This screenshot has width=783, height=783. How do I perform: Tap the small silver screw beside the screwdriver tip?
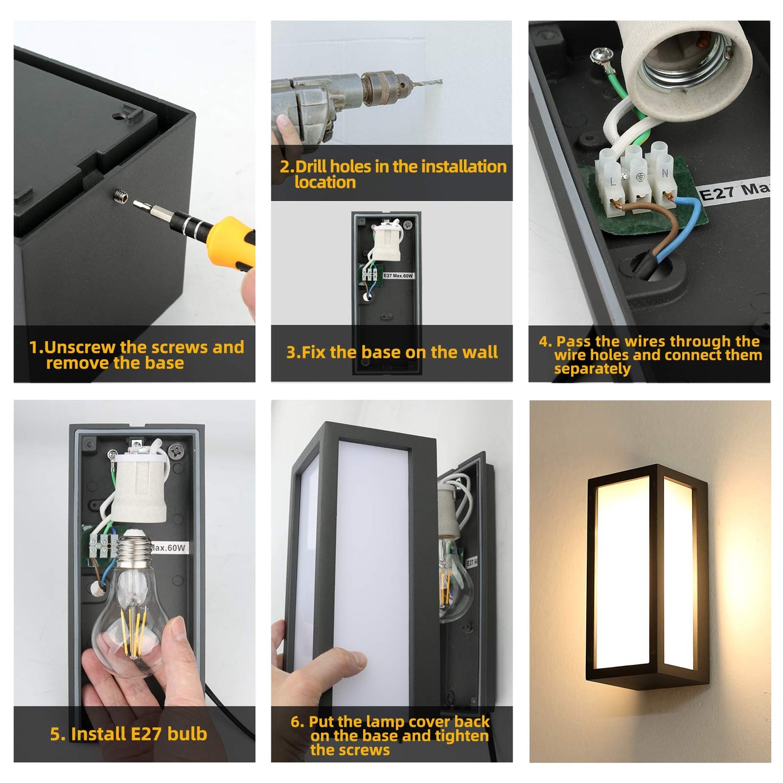click(121, 197)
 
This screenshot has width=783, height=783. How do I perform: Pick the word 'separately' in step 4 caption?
click(592, 369)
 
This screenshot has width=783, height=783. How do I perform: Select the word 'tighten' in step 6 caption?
click(461, 736)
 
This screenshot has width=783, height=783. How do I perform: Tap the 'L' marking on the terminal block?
click(613, 182)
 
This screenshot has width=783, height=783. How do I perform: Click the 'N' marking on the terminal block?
click(665, 173)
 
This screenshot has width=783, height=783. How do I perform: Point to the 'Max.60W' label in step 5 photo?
click(169, 548)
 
